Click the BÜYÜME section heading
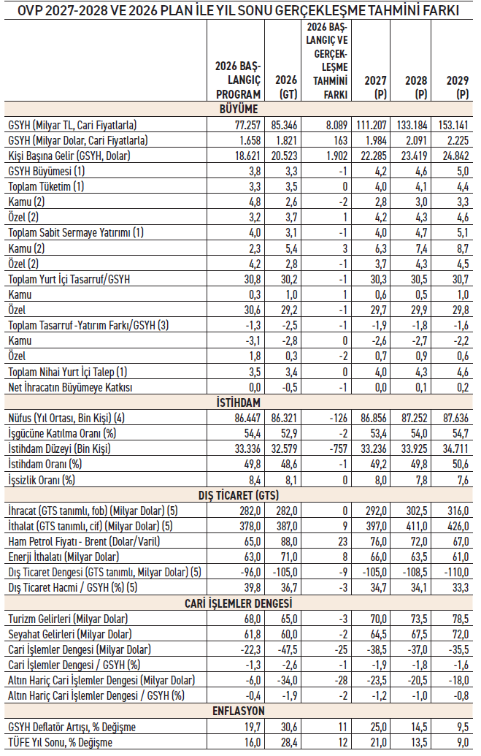(x=239, y=109)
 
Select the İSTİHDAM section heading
(x=238, y=402)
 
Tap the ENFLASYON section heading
(x=238, y=711)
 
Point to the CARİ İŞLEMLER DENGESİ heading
(x=238, y=603)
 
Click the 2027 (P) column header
(x=375, y=87)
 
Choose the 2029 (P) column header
(x=458, y=87)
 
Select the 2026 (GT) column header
(x=286, y=87)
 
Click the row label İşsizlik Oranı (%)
(x=42, y=480)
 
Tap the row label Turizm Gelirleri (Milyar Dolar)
(x=68, y=619)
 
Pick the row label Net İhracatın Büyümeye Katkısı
(x=70, y=387)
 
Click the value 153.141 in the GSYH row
(x=453, y=125)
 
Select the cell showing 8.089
(x=336, y=125)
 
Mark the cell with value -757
(x=339, y=448)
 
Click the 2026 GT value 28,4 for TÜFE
(x=289, y=742)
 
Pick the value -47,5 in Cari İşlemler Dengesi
(x=288, y=649)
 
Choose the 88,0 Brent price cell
(x=289, y=541)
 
